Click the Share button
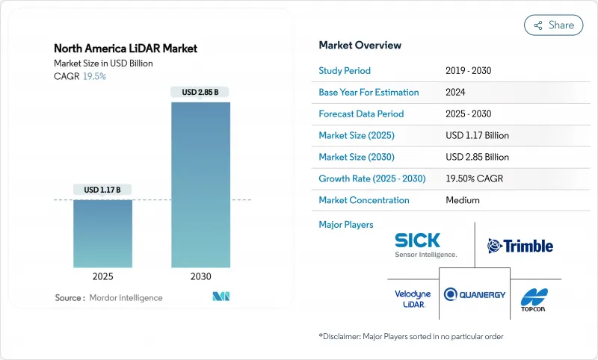click(x=553, y=25)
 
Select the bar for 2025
click(x=102, y=234)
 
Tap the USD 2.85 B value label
click(x=200, y=93)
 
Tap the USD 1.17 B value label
click(x=102, y=190)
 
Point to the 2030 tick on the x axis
click(x=200, y=276)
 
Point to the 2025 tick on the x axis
click(x=102, y=276)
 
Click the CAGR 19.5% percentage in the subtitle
click(x=93, y=76)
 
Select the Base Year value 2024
click(x=456, y=93)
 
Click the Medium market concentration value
click(x=463, y=200)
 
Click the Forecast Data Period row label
click(x=361, y=114)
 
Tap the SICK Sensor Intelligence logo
click(x=425, y=245)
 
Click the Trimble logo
click(x=520, y=246)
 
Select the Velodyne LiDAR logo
click(x=413, y=299)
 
